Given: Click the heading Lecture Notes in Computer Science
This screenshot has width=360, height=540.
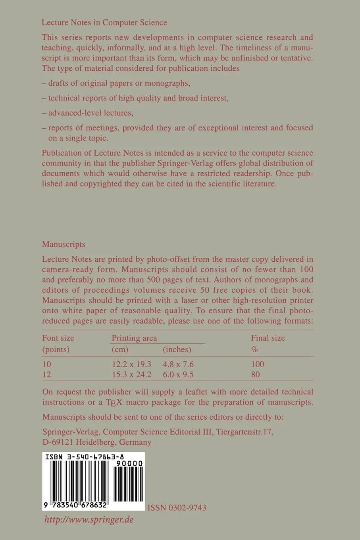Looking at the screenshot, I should [104, 23].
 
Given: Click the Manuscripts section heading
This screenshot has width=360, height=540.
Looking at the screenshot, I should [64, 244].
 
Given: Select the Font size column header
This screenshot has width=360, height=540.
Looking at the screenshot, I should [58, 338].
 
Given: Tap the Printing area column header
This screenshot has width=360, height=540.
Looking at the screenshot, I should [134, 338].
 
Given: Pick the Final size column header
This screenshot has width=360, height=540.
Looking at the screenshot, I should [268, 338].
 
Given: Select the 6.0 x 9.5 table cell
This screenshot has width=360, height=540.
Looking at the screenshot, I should [178, 374].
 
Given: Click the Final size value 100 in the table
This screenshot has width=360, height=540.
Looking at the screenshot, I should [258, 364].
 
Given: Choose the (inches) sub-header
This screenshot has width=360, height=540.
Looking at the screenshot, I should [177, 349].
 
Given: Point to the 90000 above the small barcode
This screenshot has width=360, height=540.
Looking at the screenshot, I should [129, 464].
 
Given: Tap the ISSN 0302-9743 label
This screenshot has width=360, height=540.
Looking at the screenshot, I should [177, 507].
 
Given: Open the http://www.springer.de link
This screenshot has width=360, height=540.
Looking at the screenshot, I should [89, 519].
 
